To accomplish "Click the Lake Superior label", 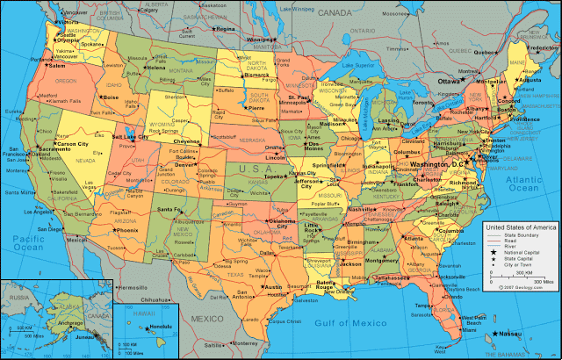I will click(x=358, y=65).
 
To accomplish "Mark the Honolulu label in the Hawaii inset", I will click(x=145, y=327).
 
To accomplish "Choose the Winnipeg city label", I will click(x=259, y=40).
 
